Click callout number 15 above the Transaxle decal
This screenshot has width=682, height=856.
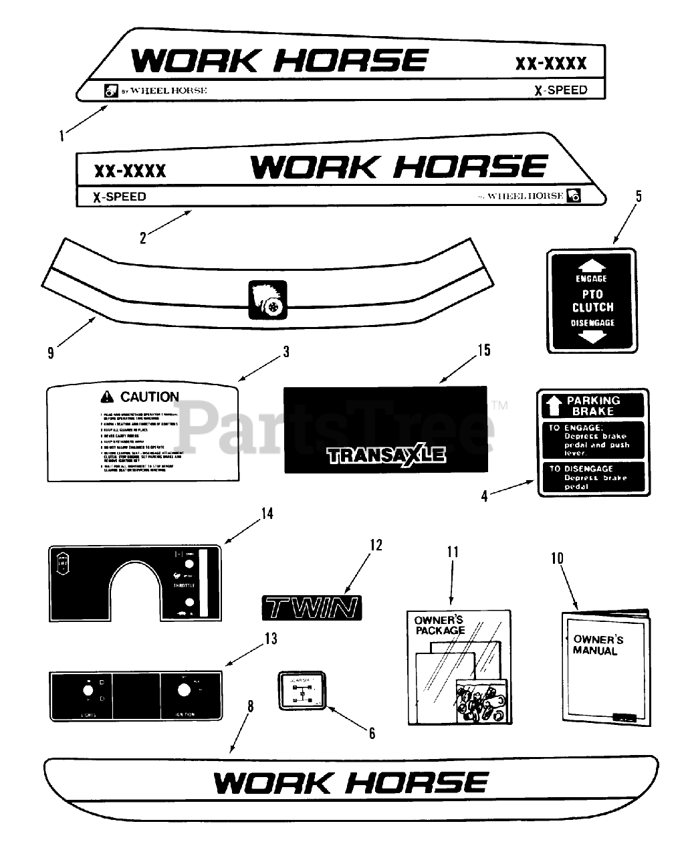tap(484, 350)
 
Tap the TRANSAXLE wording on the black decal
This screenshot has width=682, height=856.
tap(386, 456)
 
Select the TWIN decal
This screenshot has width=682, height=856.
tap(311, 608)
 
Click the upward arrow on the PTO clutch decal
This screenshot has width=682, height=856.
tap(591, 264)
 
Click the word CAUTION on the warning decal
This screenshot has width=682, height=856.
tap(149, 397)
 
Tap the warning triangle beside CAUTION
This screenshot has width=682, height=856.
tap(107, 397)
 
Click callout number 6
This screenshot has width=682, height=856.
tap(372, 734)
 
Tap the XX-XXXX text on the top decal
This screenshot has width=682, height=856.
tap(550, 64)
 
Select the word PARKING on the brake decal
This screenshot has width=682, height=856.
tap(593, 401)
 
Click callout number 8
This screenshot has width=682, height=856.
tap(250, 706)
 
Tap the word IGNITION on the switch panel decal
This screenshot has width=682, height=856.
tap(185, 714)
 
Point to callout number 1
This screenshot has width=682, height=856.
tap(62, 136)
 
